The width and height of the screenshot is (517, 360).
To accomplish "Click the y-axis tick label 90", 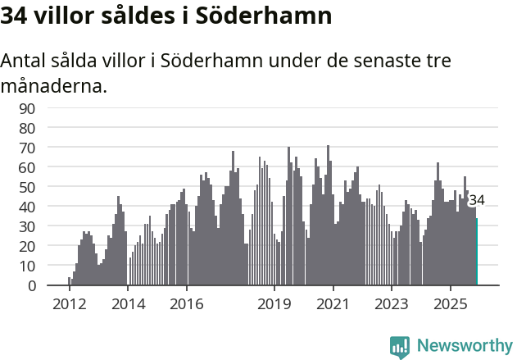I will [50, 108].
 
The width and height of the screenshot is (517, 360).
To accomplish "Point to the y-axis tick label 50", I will [50, 187].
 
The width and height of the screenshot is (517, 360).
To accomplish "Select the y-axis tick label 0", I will [54, 285].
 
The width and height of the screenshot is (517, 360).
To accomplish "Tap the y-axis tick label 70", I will [50, 148].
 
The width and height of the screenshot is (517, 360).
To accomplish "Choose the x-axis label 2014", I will [127, 304].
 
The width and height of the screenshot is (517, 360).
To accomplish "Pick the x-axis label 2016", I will [186, 304].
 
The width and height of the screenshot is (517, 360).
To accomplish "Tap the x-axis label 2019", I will [274, 304].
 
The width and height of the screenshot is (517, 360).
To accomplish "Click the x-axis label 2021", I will [333, 304].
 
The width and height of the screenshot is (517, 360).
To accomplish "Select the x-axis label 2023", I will [392, 304].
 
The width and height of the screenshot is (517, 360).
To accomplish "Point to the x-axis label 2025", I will [451, 304].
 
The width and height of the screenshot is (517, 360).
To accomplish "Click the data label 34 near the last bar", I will [476, 200].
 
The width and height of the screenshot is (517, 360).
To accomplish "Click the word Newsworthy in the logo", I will [465, 345].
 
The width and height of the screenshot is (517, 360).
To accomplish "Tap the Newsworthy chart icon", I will [400, 346].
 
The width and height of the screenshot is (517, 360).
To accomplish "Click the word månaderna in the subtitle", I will [54, 85].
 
